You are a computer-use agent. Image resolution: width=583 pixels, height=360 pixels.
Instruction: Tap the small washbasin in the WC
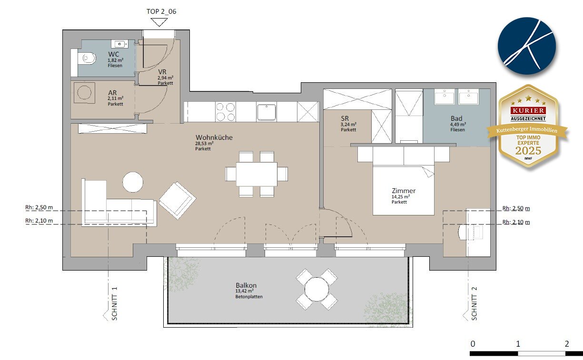[x=120, y=44]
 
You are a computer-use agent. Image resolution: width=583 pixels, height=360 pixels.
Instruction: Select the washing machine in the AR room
[x=84, y=93]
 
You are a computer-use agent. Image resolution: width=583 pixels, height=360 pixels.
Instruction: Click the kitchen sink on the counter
[x=266, y=112]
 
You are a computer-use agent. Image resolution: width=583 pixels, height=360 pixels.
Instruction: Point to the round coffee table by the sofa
[x=133, y=182]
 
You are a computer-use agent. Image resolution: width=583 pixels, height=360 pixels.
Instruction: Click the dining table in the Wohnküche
[x=257, y=174]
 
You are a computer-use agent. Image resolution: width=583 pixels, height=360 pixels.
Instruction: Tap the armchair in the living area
[x=178, y=200]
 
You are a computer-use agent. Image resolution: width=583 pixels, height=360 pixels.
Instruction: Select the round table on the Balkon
[x=316, y=289]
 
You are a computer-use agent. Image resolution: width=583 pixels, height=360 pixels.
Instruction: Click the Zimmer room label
[x=404, y=191]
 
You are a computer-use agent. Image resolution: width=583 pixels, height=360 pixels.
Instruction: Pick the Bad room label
[x=456, y=118]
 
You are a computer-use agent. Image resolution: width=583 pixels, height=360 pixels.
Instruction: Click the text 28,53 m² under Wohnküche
[x=204, y=143]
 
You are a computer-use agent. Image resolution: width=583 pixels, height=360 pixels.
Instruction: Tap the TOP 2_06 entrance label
[x=161, y=11]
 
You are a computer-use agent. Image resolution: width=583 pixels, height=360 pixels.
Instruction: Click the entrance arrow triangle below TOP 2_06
[x=159, y=22]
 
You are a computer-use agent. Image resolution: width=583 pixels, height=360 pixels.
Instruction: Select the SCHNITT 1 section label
[x=114, y=303]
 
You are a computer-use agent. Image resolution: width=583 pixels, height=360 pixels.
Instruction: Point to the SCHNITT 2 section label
[x=474, y=303]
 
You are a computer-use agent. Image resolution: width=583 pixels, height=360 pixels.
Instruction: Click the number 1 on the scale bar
[x=518, y=344]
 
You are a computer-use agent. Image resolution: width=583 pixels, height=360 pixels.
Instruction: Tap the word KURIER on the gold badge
[x=528, y=110]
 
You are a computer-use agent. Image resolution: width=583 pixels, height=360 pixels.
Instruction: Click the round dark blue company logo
[x=527, y=46]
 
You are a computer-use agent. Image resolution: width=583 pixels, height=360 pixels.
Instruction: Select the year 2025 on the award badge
[x=528, y=151]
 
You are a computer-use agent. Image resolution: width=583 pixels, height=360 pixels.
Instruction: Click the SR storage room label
[x=345, y=118]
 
